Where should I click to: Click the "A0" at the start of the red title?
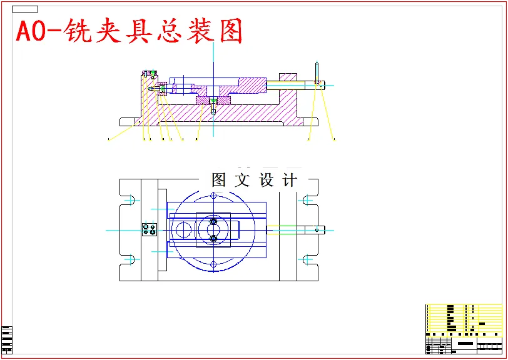[31, 32]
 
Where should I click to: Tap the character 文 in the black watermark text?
[241, 181]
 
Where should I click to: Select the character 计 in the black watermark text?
[290, 181]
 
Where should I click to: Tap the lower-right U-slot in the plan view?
[307, 259]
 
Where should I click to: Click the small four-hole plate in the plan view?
[149, 230]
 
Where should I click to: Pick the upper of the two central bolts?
[213, 222]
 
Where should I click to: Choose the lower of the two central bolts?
[213, 238]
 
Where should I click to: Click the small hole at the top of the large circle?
[213, 196]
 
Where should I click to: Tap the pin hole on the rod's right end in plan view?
[317, 229]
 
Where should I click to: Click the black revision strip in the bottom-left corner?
[7, 340]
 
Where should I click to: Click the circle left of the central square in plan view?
[183, 229]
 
